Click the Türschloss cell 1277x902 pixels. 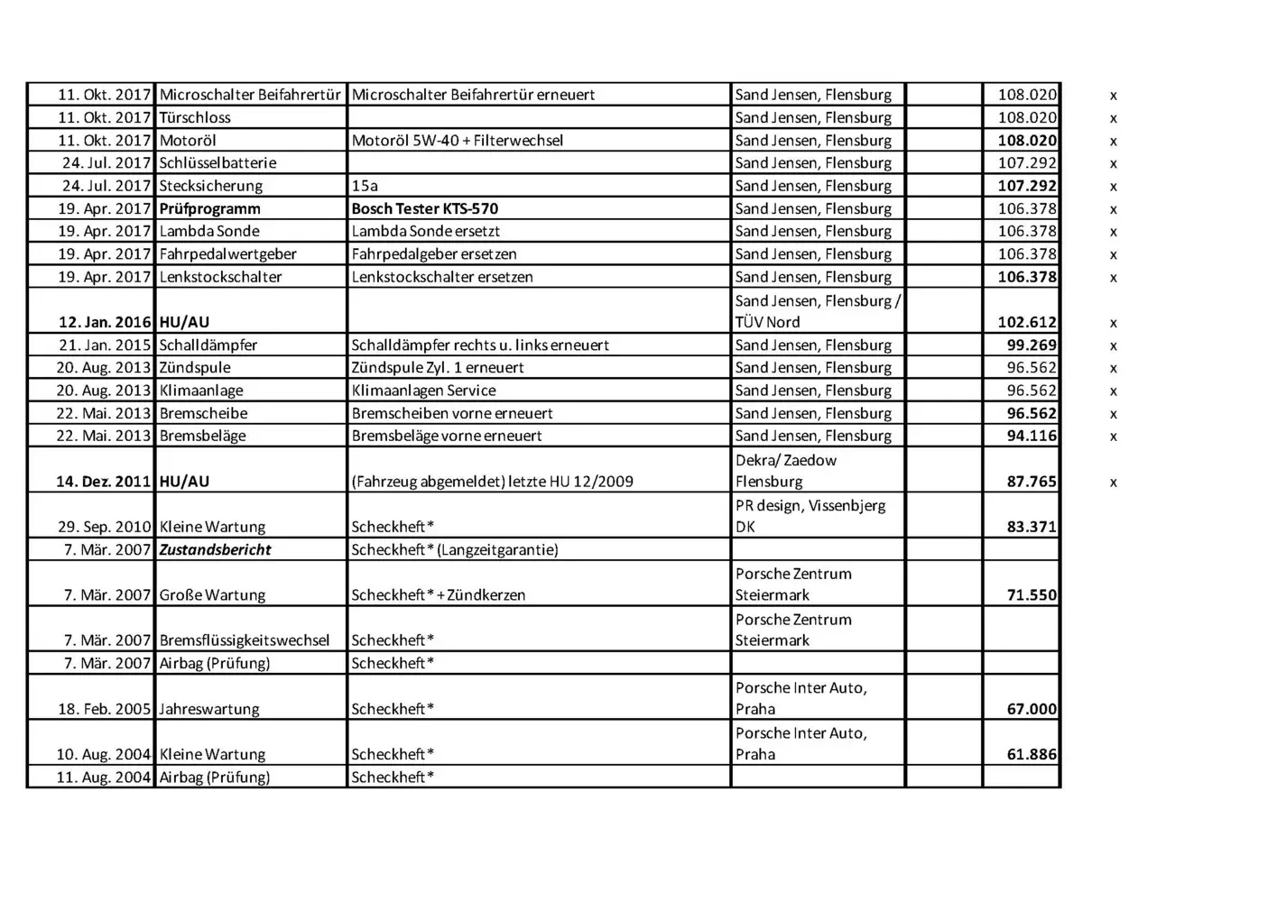(x=195, y=118)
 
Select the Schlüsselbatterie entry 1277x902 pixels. (x=217, y=163)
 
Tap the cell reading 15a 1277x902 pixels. (x=365, y=186)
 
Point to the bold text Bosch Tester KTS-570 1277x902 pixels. (x=424, y=209)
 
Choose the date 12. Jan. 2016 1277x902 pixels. (x=105, y=322)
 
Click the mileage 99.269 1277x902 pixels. (x=1032, y=345)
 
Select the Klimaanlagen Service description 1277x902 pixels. (x=423, y=391)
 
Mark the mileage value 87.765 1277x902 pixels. (x=1032, y=482)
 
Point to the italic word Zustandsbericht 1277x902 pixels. (x=215, y=550)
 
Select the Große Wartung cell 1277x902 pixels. (x=212, y=595)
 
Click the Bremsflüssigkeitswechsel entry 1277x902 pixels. (x=245, y=640)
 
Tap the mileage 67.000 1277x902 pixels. (x=1032, y=709)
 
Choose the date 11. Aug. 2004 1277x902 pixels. (x=103, y=778)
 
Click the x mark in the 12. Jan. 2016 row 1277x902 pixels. (x=1113, y=323)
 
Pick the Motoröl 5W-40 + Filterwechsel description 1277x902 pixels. (x=457, y=141)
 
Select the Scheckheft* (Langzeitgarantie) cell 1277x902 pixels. (x=454, y=550)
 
